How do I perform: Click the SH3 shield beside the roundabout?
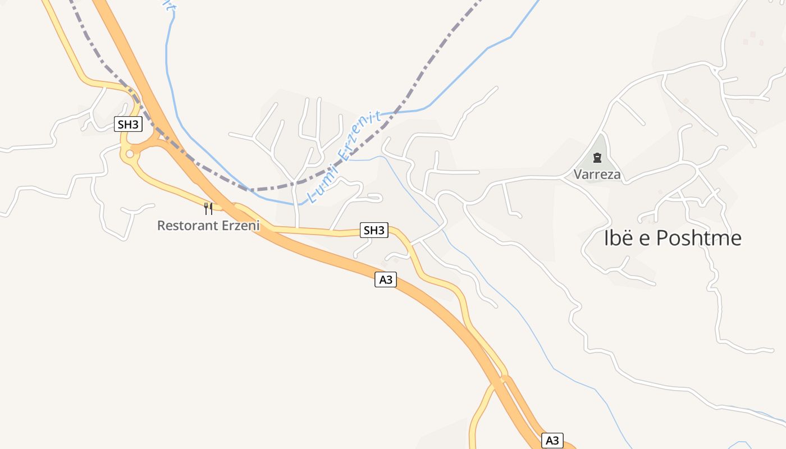[128, 124]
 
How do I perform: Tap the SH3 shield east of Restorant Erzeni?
[374, 230]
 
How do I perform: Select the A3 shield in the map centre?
[386, 280]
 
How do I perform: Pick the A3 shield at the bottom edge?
[552, 441]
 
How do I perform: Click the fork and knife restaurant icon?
[208, 209]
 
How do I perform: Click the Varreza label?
[597, 175]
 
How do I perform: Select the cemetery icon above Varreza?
[597, 158]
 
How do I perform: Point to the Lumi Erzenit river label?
[344, 157]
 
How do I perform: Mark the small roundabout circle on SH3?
[130, 154]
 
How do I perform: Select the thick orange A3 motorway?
[314, 255]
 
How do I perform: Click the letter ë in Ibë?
[627, 238]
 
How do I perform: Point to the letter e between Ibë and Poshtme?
[643, 239]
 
